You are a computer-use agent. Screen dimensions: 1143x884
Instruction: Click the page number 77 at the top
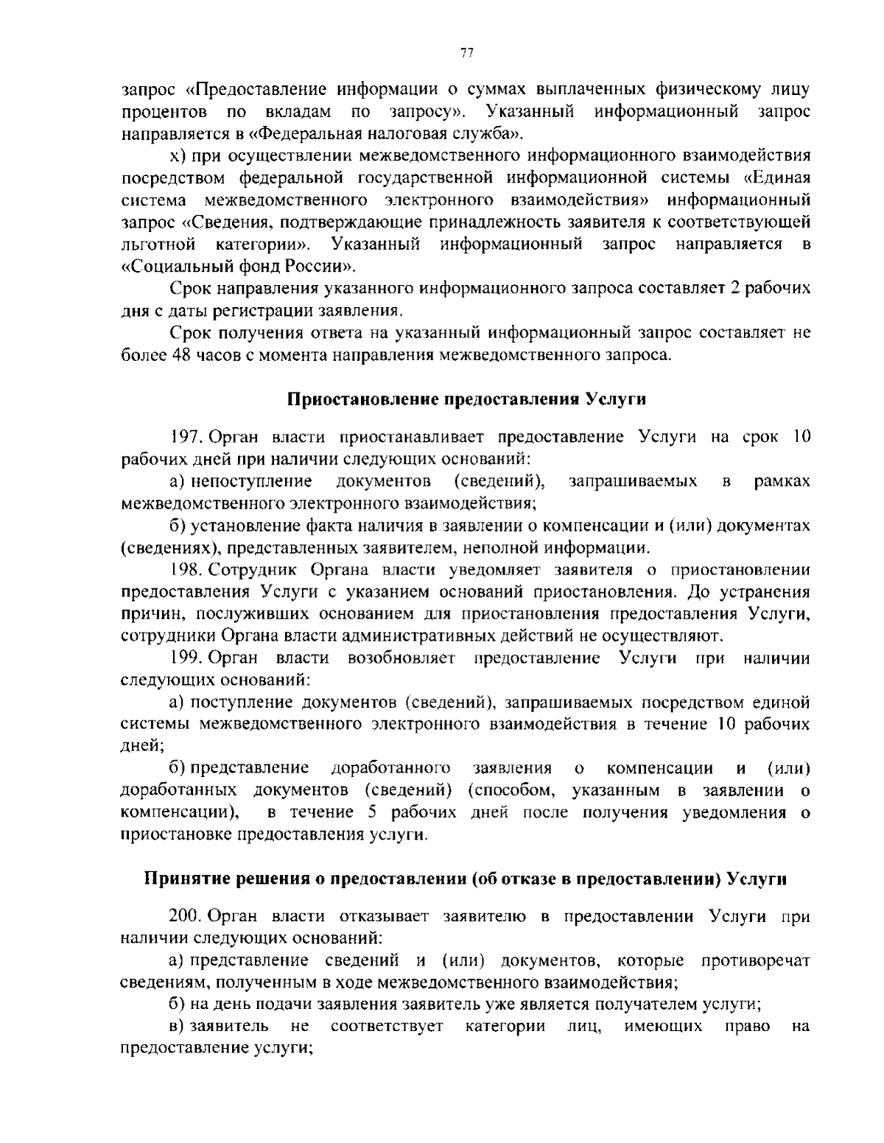[x=466, y=52]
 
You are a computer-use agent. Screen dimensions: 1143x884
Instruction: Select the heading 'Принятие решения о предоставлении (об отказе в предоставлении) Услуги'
[x=465, y=879]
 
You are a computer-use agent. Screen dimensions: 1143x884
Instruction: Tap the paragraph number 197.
[x=186, y=437]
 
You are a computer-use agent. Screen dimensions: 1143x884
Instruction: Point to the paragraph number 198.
[x=186, y=569]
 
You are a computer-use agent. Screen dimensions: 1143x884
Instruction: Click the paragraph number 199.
[x=186, y=658]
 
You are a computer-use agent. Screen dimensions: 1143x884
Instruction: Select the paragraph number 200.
[x=186, y=917]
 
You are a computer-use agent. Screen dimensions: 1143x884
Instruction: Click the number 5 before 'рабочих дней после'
[x=372, y=813]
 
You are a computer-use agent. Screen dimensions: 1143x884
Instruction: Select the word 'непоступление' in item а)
[x=251, y=482]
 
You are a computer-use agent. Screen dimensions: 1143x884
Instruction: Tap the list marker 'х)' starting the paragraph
[x=176, y=156]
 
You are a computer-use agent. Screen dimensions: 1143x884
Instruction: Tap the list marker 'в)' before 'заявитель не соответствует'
[x=178, y=1027]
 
